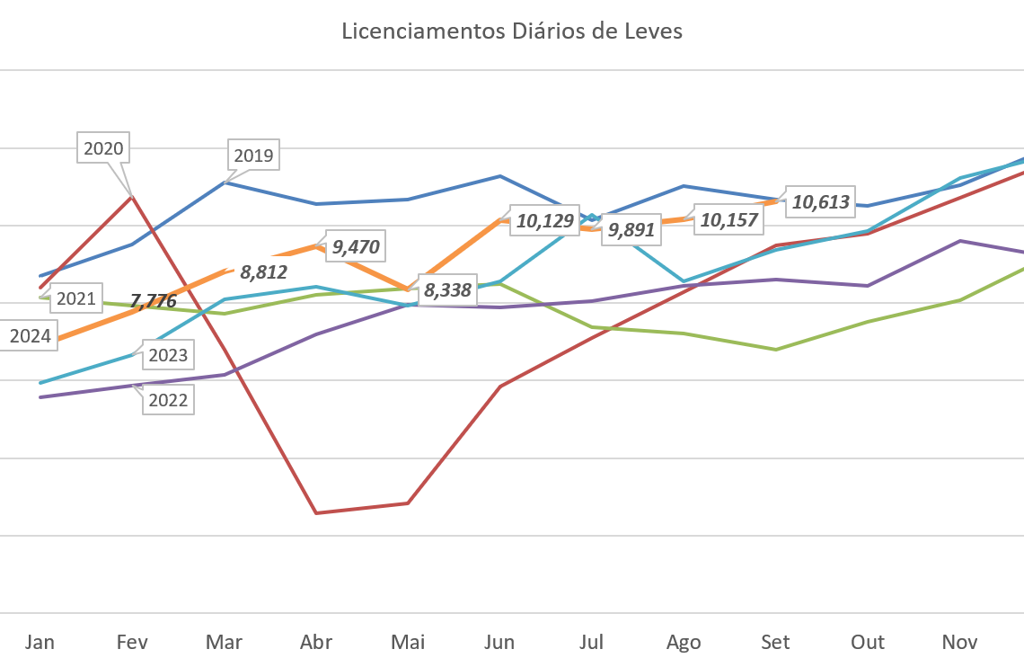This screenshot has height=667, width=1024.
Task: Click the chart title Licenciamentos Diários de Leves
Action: pyautogui.click(x=512, y=31)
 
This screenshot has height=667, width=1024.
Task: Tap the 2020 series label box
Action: pyautogui.click(x=103, y=148)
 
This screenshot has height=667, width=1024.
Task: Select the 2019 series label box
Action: pyautogui.click(x=253, y=156)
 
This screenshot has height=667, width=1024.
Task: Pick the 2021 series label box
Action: pyautogui.click(x=75, y=298)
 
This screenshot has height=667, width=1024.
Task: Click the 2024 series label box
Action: pyautogui.click(x=30, y=337)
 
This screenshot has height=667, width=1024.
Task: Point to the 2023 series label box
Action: pyautogui.click(x=168, y=355)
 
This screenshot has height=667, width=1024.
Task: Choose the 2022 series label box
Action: pyautogui.click(x=168, y=400)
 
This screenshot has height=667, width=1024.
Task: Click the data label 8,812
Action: pyautogui.click(x=263, y=271)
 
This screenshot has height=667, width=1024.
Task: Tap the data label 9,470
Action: pyautogui.click(x=355, y=246)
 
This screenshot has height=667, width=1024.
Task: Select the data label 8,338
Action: pyautogui.click(x=447, y=290)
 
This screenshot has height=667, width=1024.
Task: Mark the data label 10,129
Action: pyautogui.click(x=543, y=221)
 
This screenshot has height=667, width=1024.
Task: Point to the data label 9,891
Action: pyautogui.click(x=631, y=229)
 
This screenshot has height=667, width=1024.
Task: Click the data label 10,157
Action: pyautogui.click(x=728, y=219)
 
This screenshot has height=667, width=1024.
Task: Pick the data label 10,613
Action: pyautogui.click(x=820, y=202)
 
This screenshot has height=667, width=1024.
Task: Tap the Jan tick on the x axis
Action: pyautogui.click(x=40, y=642)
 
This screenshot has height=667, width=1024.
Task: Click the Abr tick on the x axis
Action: pyautogui.click(x=316, y=642)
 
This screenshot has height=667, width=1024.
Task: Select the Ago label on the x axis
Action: pyautogui.click(x=684, y=642)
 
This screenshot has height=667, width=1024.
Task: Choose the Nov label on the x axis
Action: pyautogui.click(x=959, y=642)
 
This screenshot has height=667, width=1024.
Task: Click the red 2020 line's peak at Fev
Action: pyautogui.click(x=133, y=195)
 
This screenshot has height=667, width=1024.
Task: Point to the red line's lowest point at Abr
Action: pyautogui.click(x=316, y=512)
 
